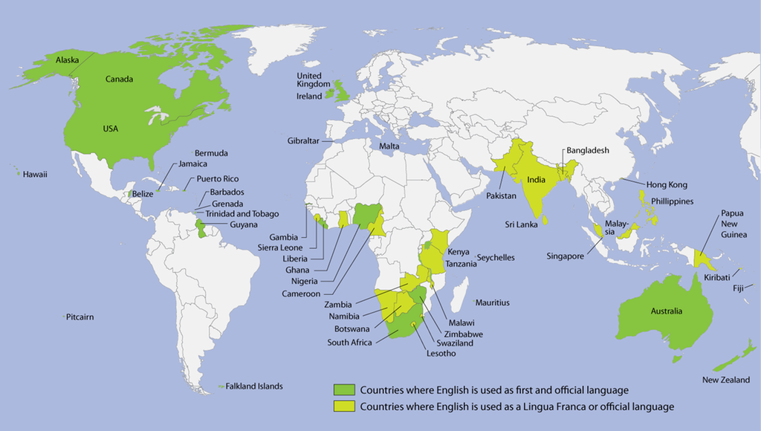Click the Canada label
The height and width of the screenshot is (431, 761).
click(119, 80)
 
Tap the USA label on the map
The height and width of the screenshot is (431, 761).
click(110, 129)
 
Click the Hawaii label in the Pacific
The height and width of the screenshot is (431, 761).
click(35, 175)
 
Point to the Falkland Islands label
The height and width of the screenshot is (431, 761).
click(254, 386)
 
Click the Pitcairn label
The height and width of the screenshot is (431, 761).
click(80, 317)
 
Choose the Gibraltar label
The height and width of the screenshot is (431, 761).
click(305, 140)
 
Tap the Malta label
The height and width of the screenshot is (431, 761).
click(389, 146)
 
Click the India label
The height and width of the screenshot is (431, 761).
click(537, 179)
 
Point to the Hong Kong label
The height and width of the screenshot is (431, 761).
click(667, 185)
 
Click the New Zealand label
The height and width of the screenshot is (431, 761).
click(725, 380)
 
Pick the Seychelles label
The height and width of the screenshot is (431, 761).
click(496, 258)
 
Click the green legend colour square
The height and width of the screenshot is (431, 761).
click(343, 389)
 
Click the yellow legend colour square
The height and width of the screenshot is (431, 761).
click(343, 406)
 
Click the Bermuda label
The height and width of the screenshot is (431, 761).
click(211, 153)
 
